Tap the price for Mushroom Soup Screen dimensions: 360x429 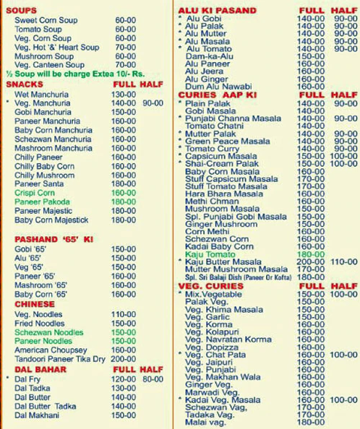click(124, 56)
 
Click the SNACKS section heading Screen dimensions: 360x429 click(25, 84)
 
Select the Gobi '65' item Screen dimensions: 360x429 click(29, 249)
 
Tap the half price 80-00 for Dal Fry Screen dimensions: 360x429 click(153, 378)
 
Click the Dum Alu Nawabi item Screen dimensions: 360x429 click(215, 85)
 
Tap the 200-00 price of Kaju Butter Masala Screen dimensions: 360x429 click(311, 261)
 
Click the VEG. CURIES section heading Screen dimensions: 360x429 click(208, 287)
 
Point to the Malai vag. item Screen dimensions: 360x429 click(206, 422)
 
